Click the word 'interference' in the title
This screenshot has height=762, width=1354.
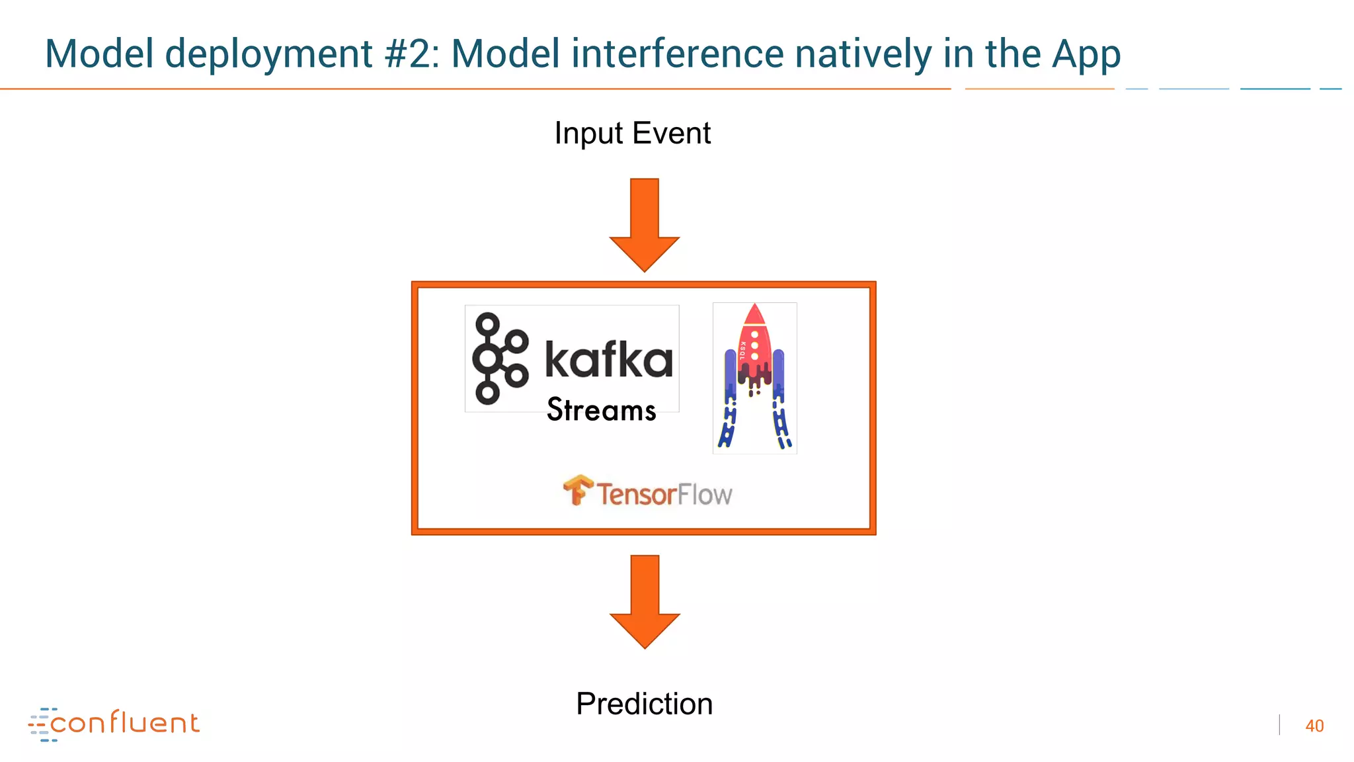(x=677, y=54)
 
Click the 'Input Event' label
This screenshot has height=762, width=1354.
(x=632, y=133)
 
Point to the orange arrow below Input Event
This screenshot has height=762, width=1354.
(x=644, y=225)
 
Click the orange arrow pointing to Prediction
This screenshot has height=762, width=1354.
(x=644, y=601)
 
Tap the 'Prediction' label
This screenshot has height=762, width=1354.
(x=644, y=704)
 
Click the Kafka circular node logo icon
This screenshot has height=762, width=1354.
(x=499, y=359)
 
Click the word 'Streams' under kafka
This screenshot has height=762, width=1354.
(x=601, y=410)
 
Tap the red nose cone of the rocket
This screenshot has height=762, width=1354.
(x=754, y=314)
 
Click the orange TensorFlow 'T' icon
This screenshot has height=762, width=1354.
(x=578, y=490)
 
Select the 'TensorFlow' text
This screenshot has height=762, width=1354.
(x=664, y=495)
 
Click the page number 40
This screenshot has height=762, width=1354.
(x=1314, y=726)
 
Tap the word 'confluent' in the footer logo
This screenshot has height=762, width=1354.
(x=124, y=723)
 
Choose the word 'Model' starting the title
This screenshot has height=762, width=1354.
(x=99, y=54)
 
